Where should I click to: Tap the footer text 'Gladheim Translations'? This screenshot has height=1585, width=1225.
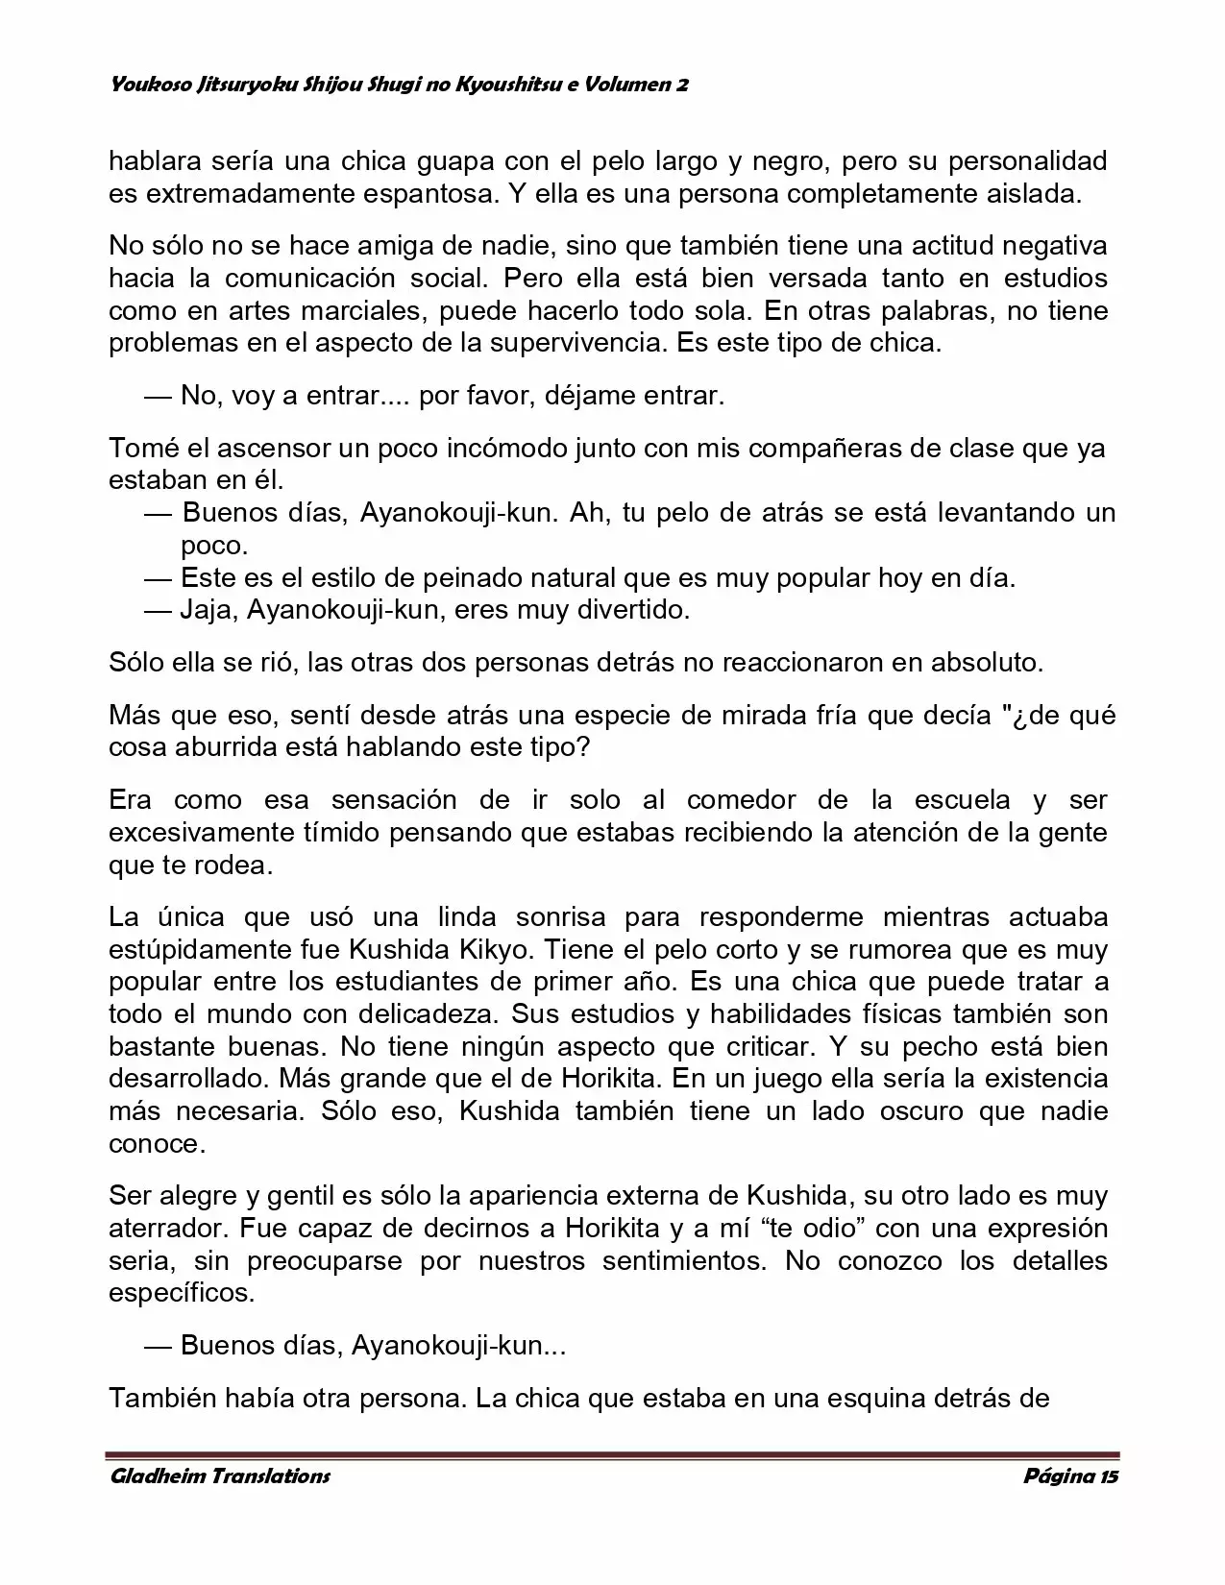[219, 1476]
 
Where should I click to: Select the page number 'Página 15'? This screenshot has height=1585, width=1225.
[1070, 1476]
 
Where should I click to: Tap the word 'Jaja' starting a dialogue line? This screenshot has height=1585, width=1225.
[208, 610]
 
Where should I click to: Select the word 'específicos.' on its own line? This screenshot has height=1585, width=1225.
[183, 1293]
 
